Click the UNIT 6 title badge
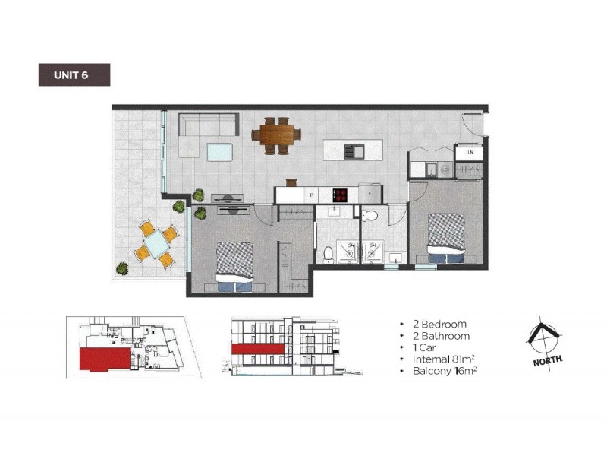74,74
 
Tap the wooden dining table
275,135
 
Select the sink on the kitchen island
354,150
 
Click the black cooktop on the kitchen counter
340,195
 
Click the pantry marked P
312,195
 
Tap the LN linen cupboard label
470,153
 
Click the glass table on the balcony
157,244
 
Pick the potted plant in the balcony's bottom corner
122,268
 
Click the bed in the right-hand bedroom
446,237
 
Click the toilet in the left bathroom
327,253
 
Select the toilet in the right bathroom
371,217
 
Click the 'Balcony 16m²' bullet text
445,371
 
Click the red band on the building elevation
258,348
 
